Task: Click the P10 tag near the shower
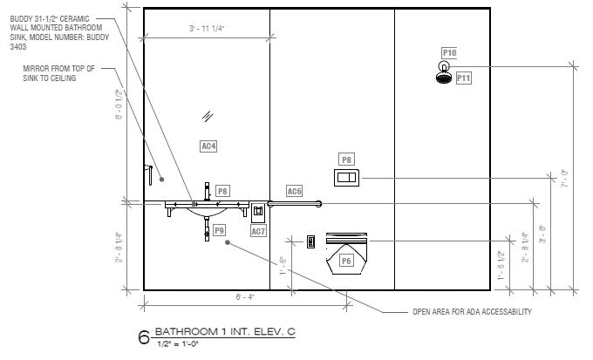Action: [449, 53]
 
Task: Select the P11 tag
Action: [463, 78]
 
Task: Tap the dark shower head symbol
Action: [444, 78]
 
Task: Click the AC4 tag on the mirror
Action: [208, 146]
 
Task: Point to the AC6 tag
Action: [295, 191]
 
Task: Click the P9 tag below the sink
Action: [219, 230]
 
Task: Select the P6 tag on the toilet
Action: [346, 261]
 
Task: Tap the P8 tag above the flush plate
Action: [347, 160]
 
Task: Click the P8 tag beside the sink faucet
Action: [222, 190]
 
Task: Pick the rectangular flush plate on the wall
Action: [346, 178]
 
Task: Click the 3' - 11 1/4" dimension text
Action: [207, 30]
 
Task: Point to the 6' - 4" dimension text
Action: [245, 297]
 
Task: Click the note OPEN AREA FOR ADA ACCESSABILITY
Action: [472, 312]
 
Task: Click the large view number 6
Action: [144, 338]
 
